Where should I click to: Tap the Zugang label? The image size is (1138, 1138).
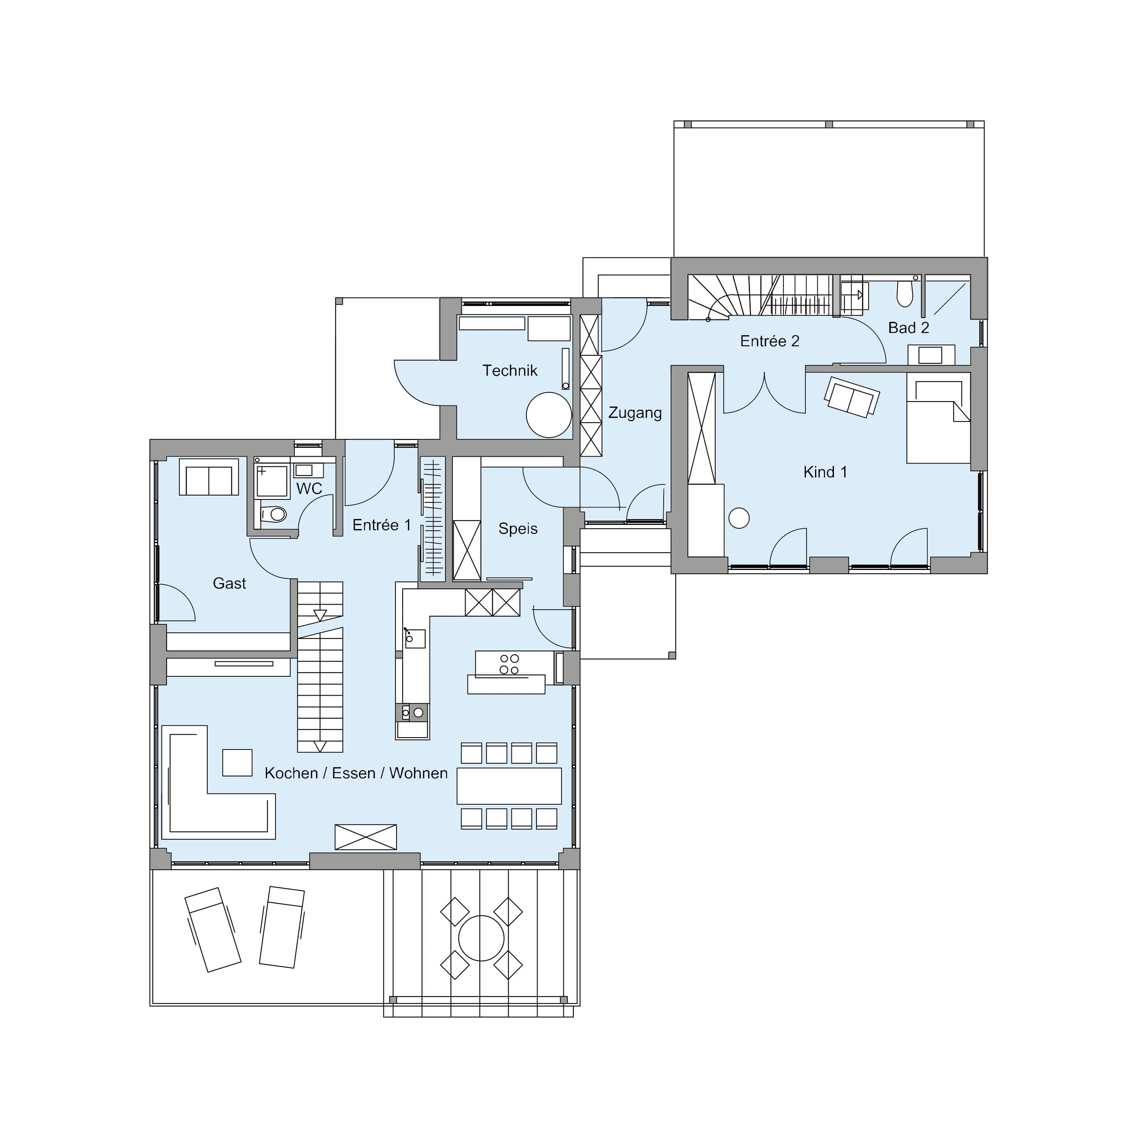[x=635, y=413]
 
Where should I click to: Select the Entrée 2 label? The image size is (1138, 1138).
[x=770, y=341]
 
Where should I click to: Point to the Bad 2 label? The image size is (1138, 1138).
[x=908, y=328]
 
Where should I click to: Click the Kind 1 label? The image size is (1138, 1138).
[x=825, y=472]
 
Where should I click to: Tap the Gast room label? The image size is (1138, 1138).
[x=229, y=583]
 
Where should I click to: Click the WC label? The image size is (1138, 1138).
[x=309, y=488]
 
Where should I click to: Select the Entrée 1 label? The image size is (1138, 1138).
[x=382, y=525]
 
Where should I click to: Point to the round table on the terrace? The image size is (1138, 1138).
[x=481, y=938]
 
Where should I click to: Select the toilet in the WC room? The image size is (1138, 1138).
[x=273, y=514]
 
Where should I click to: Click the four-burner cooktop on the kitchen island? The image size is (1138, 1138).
[x=509, y=664]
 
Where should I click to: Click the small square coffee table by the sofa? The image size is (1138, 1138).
[x=237, y=763]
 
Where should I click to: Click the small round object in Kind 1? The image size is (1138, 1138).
[x=739, y=518]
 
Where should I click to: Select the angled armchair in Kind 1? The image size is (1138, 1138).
[x=852, y=397]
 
